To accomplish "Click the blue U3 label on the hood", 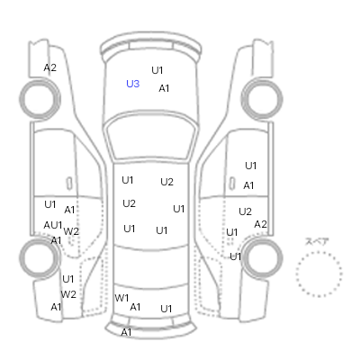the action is click(133, 84).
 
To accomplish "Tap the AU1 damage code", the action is click(53, 225).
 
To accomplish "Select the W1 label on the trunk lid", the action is click(121, 298).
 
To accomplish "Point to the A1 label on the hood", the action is click(164, 88).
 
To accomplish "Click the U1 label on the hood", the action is click(157, 70).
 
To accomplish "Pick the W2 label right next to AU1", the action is click(71, 231).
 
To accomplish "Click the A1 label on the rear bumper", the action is click(126, 332).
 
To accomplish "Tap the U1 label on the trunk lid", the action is click(166, 309).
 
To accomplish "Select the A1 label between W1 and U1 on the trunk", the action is click(135, 307).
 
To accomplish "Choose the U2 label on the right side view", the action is click(245, 211).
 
